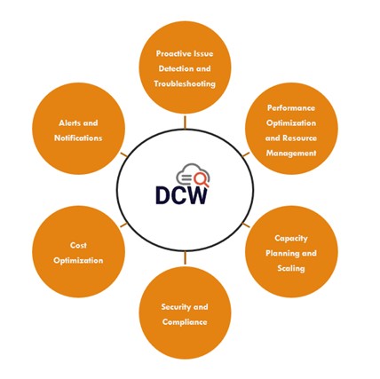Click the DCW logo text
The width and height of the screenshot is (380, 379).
point(181,195)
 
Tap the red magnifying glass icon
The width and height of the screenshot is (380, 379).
point(202,179)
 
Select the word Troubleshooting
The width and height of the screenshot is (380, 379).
point(185,83)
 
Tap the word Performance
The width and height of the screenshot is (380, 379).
point(291,107)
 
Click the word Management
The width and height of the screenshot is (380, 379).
point(291,153)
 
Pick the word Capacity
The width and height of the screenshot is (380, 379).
point(291,238)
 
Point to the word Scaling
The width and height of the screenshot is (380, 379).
point(291,268)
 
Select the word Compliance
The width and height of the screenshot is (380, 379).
point(185,322)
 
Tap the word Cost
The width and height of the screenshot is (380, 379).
point(78,245)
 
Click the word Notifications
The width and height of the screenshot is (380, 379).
point(78,138)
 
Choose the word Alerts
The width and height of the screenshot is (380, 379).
point(69,122)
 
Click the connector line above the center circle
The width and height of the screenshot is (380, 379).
point(185,122)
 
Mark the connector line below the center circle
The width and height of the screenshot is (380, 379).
point(185,257)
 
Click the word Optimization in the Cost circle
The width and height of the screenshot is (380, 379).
point(78,261)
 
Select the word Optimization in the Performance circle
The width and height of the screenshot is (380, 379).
point(291,122)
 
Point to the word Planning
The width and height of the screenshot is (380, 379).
point(282,253)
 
